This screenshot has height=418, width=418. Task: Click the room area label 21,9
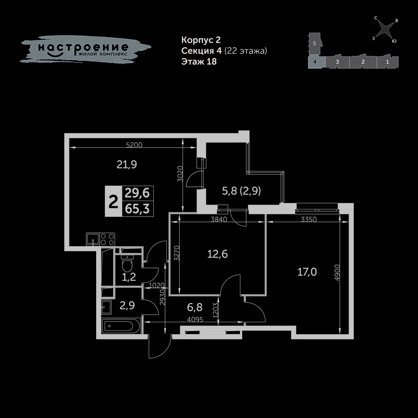(127, 164)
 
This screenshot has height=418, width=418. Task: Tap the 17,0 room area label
(307, 272)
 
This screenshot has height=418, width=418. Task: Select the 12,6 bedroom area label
(217, 254)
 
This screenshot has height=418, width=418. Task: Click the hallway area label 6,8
(195, 307)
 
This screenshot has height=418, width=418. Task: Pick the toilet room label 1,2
(129, 277)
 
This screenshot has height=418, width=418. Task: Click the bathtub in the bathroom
(122, 326)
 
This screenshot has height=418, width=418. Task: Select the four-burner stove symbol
(107, 239)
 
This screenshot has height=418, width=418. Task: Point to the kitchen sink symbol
(92, 239)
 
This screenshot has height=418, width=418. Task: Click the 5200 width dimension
(134, 145)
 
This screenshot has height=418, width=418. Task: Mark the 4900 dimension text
(337, 273)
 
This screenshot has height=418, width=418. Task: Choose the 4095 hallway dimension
(195, 319)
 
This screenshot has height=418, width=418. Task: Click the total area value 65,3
(137, 209)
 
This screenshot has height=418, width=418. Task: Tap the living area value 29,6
(137, 193)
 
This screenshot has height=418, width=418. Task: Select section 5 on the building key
(315, 43)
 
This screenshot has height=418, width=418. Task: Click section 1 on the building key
(387, 62)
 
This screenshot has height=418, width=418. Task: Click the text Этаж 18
(199, 61)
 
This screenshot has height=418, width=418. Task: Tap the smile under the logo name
(55, 54)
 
